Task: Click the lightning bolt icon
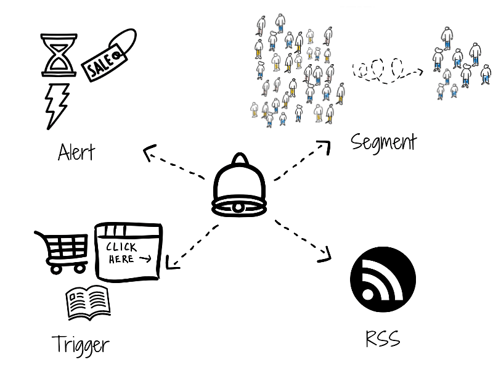coord(56,105)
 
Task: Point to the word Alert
coord(76,151)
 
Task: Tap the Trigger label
coord(80,343)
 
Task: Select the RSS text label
coord(383,339)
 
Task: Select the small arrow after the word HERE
coord(145,260)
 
